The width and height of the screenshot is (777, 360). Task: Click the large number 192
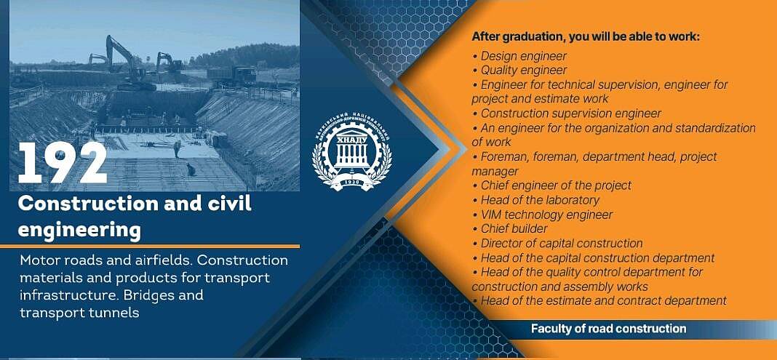click(x=63, y=164)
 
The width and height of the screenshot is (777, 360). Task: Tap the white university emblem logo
click(x=352, y=157)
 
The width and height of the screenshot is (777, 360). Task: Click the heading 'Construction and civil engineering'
click(x=135, y=217)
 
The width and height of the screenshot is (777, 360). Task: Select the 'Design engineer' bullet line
click(x=519, y=57)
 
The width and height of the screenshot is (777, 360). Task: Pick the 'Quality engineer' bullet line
click(x=519, y=71)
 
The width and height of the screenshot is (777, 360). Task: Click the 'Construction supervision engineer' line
click(x=567, y=113)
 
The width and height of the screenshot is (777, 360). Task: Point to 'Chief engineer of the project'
click(x=552, y=185)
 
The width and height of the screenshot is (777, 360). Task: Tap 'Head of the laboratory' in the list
click(x=535, y=200)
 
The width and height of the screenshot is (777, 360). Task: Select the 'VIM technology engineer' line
click(x=543, y=215)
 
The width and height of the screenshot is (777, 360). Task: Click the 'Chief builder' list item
click(x=510, y=229)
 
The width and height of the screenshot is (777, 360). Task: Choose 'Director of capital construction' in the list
click(x=557, y=243)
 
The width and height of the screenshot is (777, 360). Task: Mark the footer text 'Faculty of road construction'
click(x=608, y=329)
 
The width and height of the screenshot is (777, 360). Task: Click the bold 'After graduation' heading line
click(x=585, y=36)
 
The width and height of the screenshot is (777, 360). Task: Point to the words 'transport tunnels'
click(x=79, y=313)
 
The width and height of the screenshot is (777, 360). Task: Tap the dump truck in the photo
click(x=232, y=75)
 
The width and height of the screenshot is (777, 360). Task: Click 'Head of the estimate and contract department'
click(x=599, y=300)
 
